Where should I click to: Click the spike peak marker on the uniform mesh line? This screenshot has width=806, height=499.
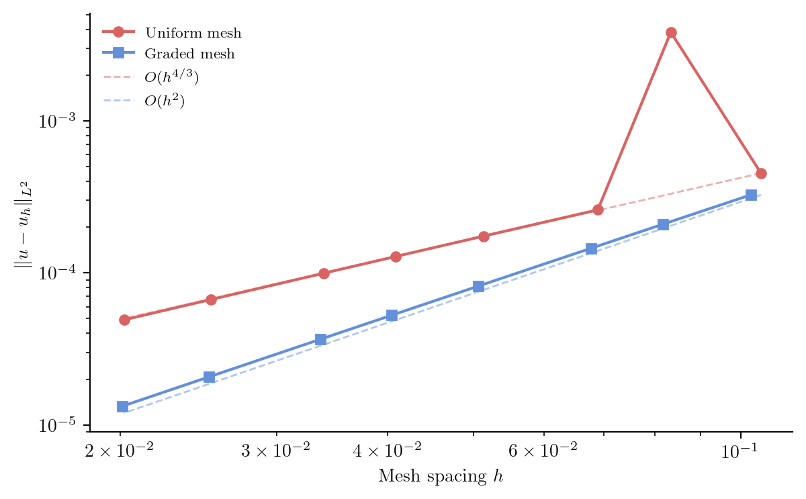click(x=670, y=32)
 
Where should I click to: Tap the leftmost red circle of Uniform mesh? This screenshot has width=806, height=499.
click(x=124, y=320)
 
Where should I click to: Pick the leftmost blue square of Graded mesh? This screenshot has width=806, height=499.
click(x=123, y=406)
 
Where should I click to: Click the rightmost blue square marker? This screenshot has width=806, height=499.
click(x=751, y=195)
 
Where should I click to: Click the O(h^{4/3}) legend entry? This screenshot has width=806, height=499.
click(x=171, y=77)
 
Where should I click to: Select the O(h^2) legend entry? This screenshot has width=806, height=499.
click(x=165, y=101)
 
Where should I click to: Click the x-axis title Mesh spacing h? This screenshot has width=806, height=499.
click(x=441, y=478)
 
